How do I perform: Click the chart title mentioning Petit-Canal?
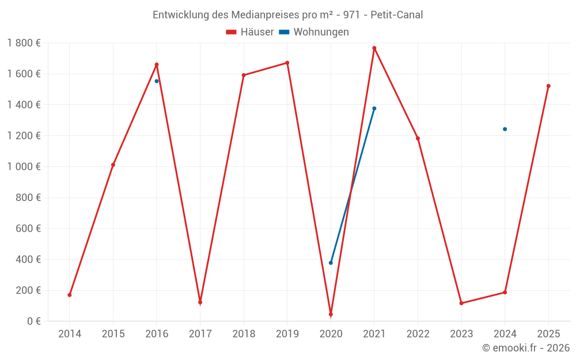[287, 15]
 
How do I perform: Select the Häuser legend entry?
[249, 32]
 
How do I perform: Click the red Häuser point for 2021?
[374, 48]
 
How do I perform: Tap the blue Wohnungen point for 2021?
[374, 108]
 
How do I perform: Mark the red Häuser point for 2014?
[70, 295]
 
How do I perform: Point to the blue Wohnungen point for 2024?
[505, 129]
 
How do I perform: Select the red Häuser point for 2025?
[548, 86]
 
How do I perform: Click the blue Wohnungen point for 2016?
[157, 81]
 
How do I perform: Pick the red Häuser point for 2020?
[331, 314]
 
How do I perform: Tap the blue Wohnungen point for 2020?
[331, 263]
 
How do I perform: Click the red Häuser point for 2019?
[287, 63]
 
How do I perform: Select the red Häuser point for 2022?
[418, 138]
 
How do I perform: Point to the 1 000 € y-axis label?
[24, 166]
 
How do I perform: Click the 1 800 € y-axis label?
[24, 43]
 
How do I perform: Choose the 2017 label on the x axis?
[200, 334]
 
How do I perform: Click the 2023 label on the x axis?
[461, 334]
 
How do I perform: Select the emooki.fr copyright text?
[525, 348]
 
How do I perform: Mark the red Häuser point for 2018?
[244, 75]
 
